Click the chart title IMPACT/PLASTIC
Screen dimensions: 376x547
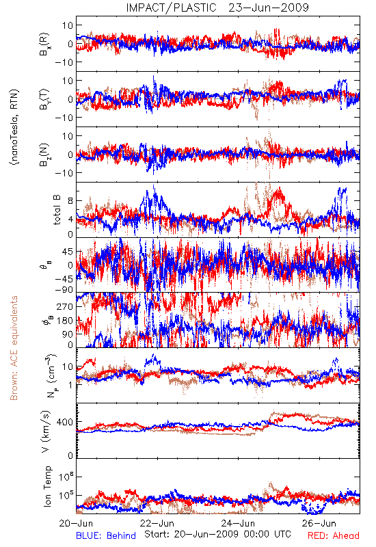pyautogui.click(x=172, y=8)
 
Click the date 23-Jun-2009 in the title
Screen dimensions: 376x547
pyautogui.click(x=269, y=8)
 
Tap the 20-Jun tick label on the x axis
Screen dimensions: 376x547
pyautogui.click(x=76, y=523)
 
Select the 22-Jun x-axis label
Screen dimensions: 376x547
pyautogui.click(x=157, y=523)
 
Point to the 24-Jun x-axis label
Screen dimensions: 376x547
pyautogui.click(x=239, y=523)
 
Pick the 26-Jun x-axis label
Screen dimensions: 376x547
pyautogui.click(x=319, y=523)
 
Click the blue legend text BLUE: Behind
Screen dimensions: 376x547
pyautogui.click(x=106, y=535)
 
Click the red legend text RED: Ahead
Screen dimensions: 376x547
pyautogui.click(x=334, y=535)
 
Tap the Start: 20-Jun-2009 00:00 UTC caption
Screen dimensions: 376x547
pyautogui.click(x=217, y=534)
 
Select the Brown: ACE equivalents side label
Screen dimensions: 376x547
pyautogui.click(x=14, y=348)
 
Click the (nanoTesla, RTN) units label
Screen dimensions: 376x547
pyautogui.click(x=14, y=127)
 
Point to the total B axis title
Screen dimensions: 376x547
pyautogui.click(x=57, y=209)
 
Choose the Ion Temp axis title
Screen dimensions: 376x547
pyautogui.click(x=47, y=486)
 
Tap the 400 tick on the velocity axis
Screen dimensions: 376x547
pyautogui.click(x=65, y=422)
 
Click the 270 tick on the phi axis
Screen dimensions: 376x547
pyautogui.click(x=65, y=306)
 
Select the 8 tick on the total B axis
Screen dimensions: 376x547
pyautogui.click(x=71, y=201)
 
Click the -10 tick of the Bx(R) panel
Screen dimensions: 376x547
pyautogui.click(x=64, y=62)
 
